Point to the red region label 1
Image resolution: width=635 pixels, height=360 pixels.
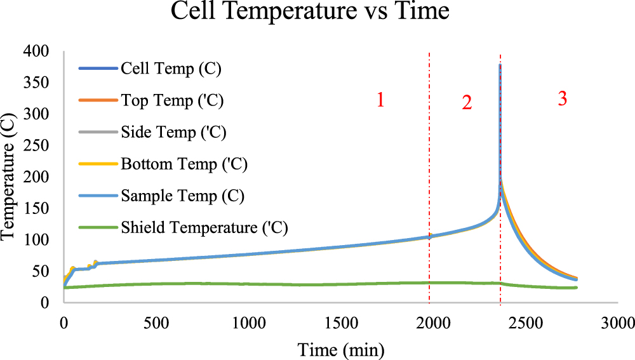pyautogui.click(x=380, y=101)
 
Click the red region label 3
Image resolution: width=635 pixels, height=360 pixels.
pyautogui.click(x=562, y=99)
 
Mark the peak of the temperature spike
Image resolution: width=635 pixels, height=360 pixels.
pyautogui.click(x=500, y=65)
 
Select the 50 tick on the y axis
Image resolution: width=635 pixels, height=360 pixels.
pyautogui.click(x=44, y=271)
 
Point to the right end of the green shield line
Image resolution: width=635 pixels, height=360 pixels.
pyautogui.click(x=577, y=288)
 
